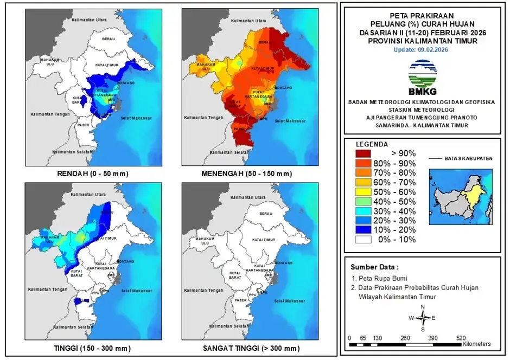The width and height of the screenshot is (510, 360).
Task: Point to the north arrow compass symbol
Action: point(422,318)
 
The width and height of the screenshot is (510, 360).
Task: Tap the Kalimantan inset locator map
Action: point(461,196)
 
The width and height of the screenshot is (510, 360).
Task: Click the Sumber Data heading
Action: point(374,267)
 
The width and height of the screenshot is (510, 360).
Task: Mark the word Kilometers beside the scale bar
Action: point(476,344)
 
